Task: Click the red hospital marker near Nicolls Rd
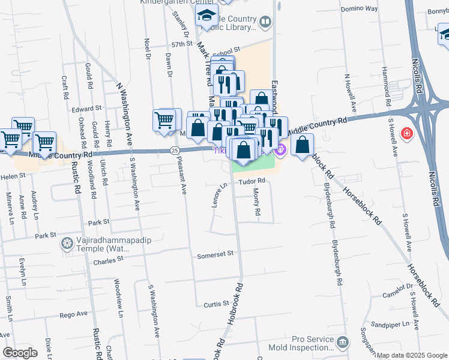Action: (x=408, y=133)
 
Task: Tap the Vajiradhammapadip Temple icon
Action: (x=67, y=243)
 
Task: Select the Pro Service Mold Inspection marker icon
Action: (x=342, y=343)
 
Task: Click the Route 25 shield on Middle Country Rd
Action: (x=175, y=150)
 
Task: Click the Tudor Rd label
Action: (x=253, y=181)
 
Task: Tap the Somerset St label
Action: (x=215, y=255)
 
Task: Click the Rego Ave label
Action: (x=74, y=314)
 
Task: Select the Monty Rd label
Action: (x=256, y=202)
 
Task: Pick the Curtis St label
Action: (x=214, y=305)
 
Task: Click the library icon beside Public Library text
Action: (x=265, y=23)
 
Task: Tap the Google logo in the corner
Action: (x=20, y=352)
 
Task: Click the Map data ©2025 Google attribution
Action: (x=411, y=355)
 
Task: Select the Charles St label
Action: (x=108, y=260)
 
